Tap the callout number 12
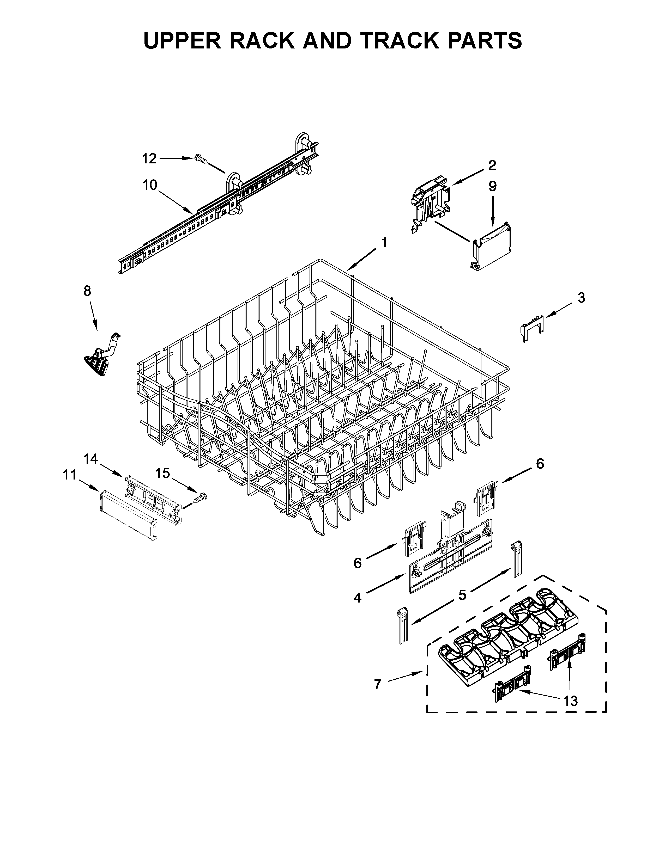coord(149,159)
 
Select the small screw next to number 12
coord(201,159)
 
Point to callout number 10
coord(150,185)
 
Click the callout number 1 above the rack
coord(384,243)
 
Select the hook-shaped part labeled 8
coord(103,355)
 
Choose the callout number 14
coord(91,458)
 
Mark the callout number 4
coord(357,598)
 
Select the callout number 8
coord(87,291)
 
